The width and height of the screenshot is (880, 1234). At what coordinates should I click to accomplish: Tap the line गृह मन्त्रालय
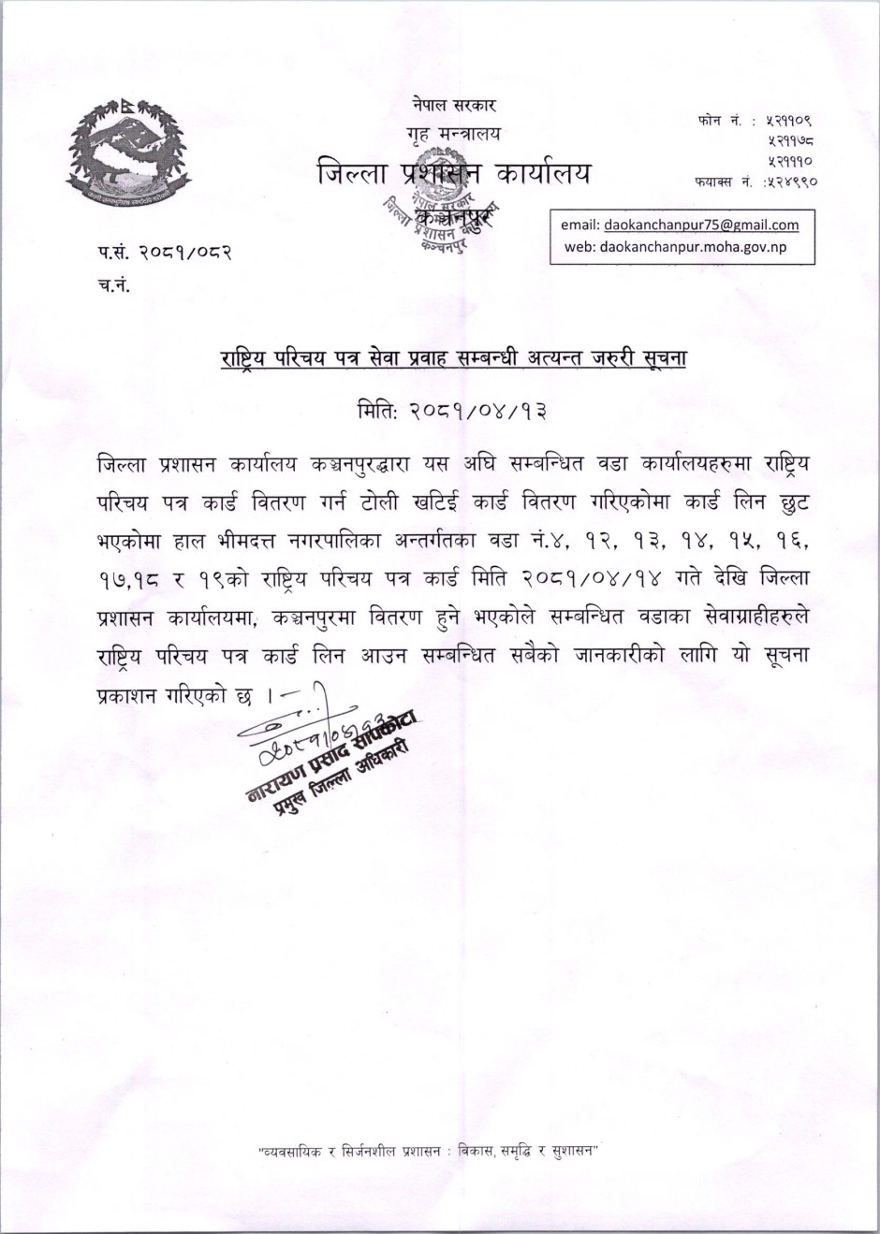[453, 135]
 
